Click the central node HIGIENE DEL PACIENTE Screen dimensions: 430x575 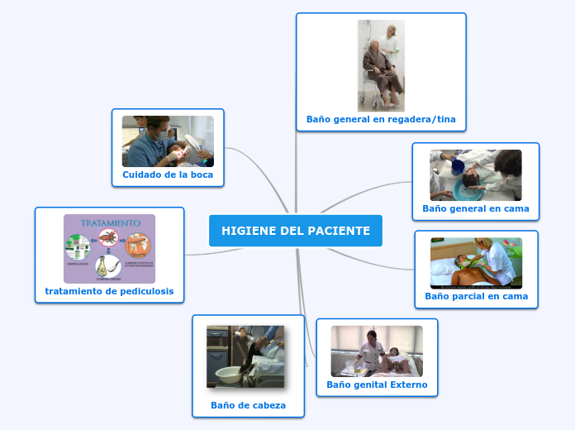pos(296,231)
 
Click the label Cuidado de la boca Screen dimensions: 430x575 pos(168,174)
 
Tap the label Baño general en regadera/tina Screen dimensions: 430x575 pos(381,119)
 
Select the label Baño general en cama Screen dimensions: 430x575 pos(476,208)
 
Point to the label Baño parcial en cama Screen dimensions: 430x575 pos(476,296)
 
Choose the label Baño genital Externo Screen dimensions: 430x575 pos(377,385)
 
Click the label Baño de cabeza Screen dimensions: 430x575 pos(248,405)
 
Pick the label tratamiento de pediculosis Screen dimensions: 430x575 pos(109,292)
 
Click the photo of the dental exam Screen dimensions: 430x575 pos(168,141)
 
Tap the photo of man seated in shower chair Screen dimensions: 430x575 pos(381,65)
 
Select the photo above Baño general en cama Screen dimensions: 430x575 pos(476,174)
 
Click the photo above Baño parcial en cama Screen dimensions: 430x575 pos(476,263)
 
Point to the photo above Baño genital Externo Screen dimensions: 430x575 pos(377,351)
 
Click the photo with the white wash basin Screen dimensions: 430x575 pos(245,356)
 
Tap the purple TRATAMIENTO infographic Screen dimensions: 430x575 pos(109,249)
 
